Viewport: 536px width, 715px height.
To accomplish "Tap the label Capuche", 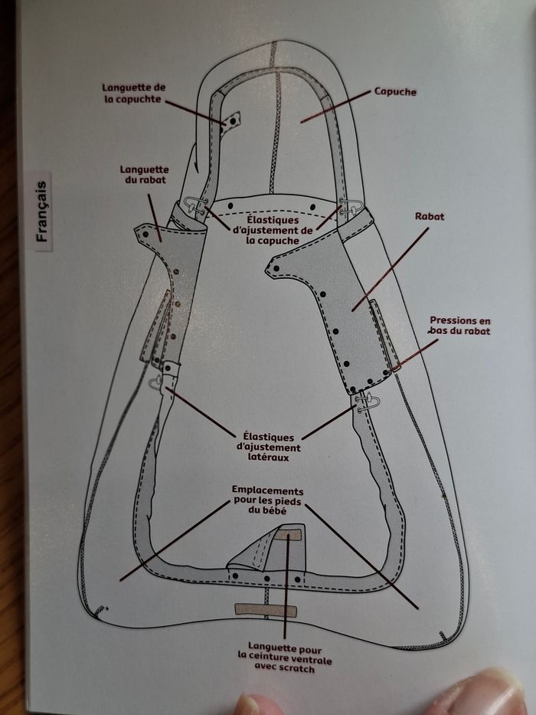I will pos(395,92).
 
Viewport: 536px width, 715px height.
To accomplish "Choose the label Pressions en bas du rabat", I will pos(459,326).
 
